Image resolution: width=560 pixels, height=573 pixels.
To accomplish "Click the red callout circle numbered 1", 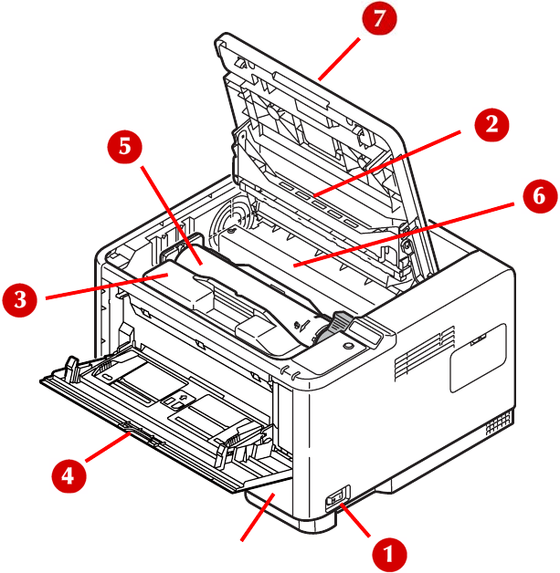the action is pyautogui.click(x=389, y=554).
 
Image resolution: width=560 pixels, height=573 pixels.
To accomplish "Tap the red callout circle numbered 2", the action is pyautogui.click(x=491, y=125).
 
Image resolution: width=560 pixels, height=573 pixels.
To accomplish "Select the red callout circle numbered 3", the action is pyautogui.click(x=20, y=299).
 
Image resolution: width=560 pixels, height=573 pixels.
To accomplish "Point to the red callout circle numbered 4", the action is pyautogui.click(x=69, y=476).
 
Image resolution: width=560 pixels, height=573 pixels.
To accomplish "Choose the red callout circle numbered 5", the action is pyautogui.click(x=124, y=147).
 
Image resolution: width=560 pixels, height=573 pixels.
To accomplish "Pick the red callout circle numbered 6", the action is pyautogui.click(x=540, y=196).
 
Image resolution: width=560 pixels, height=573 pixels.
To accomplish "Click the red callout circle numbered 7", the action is pyautogui.click(x=379, y=18).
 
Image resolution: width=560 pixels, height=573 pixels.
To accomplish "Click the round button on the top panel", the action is pyautogui.click(x=348, y=345).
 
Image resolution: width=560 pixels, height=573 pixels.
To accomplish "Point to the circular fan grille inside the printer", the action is pyautogui.click(x=231, y=219).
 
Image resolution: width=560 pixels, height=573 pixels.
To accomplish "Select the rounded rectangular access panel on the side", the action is pyautogui.click(x=478, y=358).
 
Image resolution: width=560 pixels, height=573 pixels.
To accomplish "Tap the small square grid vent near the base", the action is pyautogui.click(x=498, y=422).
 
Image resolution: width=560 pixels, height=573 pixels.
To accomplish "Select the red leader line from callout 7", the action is pyautogui.click(x=339, y=58).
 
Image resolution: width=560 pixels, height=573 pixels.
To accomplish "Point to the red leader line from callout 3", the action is pyautogui.click(x=107, y=286).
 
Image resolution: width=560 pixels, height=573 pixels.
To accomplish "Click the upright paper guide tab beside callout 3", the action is pyautogui.click(x=72, y=370).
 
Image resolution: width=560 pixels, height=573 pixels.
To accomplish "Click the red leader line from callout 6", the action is pyautogui.click(x=404, y=234).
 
